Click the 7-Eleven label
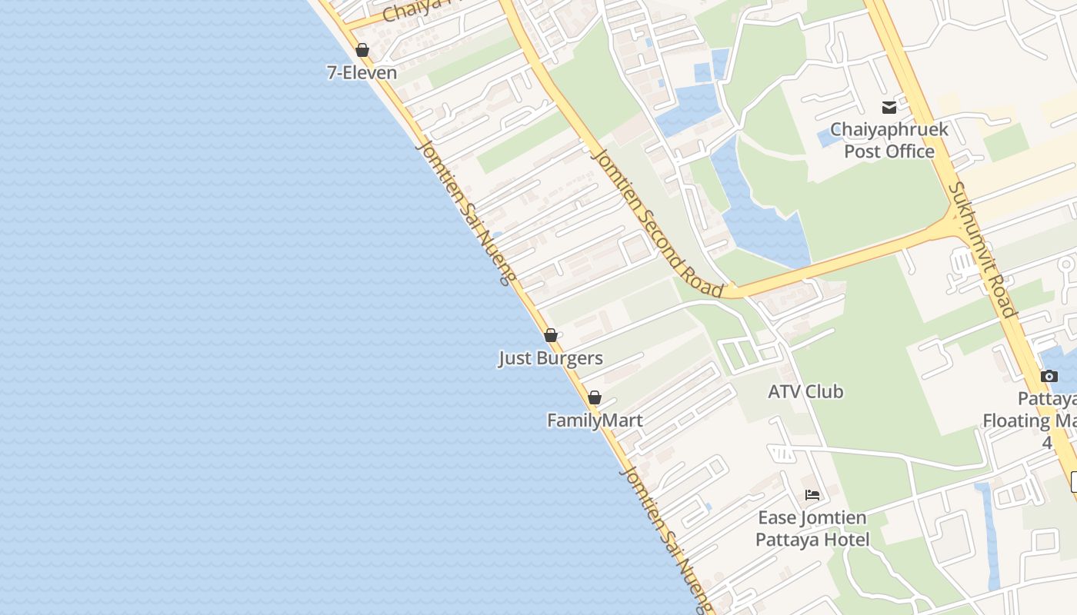[362, 73]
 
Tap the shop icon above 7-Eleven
[362, 51]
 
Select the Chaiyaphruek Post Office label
[889, 140]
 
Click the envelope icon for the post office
[889, 108]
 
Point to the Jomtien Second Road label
[658, 223]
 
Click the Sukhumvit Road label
[982, 250]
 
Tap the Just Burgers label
[551, 358]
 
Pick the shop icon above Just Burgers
[551, 336]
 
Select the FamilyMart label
[595, 421]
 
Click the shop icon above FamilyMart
[595, 398]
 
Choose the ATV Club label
[805, 392]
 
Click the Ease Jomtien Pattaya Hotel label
[812, 529]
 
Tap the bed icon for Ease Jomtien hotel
[812, 495]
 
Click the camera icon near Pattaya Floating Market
[1049, 377]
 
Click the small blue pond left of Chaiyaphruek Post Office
[829, 138]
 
